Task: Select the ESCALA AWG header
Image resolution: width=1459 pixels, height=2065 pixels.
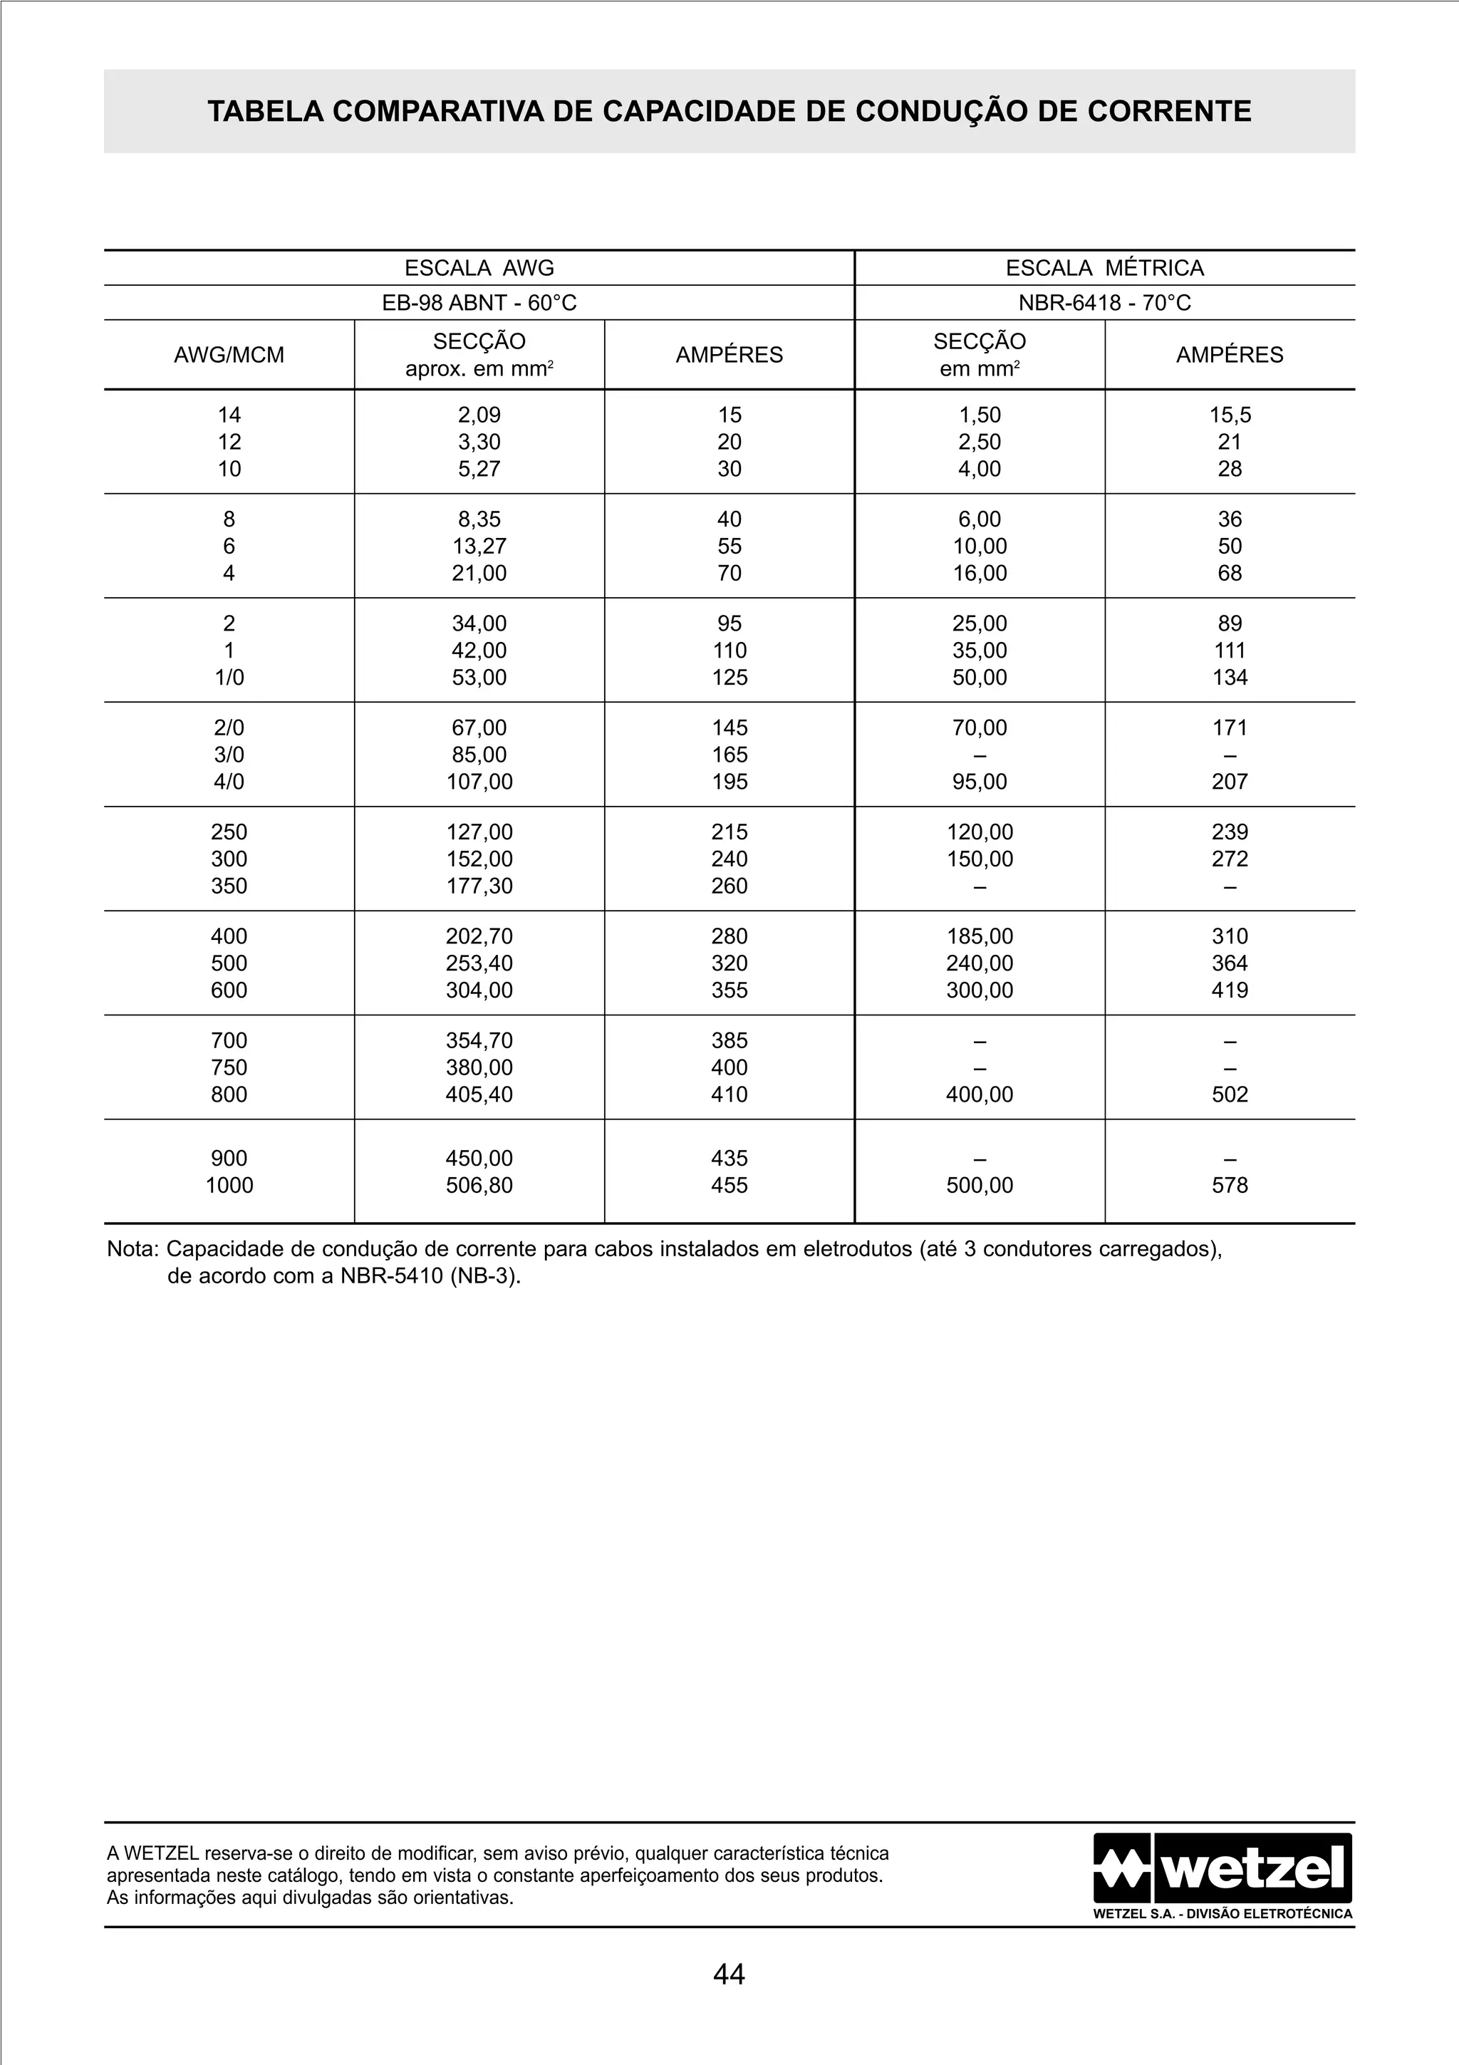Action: [479, 268]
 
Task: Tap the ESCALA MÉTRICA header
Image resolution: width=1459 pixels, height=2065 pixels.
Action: [1105, 268]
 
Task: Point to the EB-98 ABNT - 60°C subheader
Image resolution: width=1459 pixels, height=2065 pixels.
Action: [479, 303]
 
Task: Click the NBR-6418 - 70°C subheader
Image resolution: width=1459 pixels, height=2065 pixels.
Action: [1105, 303]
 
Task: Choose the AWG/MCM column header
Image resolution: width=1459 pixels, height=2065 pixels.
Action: [229, 356]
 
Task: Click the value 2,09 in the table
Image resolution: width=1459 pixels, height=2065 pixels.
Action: [479, 415]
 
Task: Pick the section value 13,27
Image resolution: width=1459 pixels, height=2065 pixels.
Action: [479, 547]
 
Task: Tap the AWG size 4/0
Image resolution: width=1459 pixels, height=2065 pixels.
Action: [229, 782]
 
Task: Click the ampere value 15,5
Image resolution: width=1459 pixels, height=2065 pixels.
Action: [1230, 415]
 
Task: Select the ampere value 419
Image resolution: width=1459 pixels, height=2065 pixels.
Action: [1230, 991]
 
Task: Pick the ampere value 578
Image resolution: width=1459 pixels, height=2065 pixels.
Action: [1230, 1186]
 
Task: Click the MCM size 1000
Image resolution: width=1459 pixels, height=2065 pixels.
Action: [229, 1186]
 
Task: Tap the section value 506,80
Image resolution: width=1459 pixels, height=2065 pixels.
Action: [479, 1186]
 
